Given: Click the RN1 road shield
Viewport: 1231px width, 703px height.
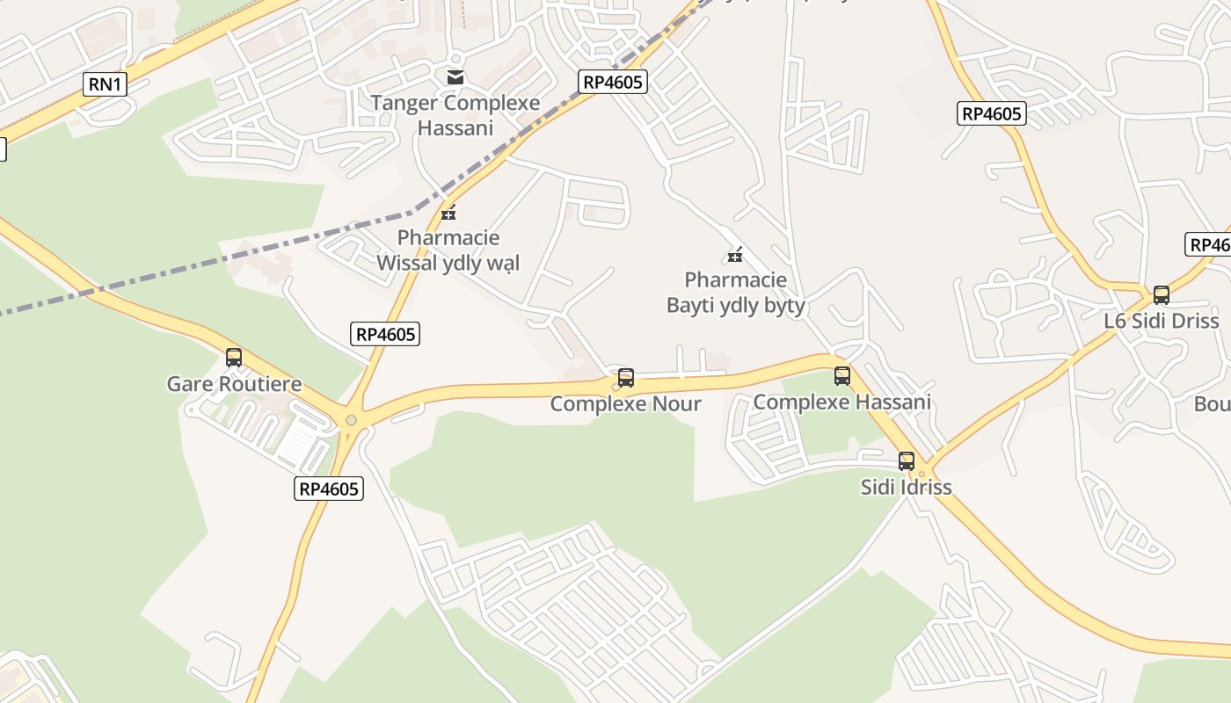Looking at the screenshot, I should point(105,84).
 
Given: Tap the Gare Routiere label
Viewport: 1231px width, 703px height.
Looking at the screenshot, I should point(234,384).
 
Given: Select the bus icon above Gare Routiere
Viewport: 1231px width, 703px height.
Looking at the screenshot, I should point(234,358).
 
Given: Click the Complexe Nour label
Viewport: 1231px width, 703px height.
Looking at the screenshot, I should point(625,403).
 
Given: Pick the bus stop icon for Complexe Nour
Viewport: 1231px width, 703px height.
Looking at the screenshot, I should point(626,378).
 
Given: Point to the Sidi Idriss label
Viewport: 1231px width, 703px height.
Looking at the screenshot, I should point(906,487).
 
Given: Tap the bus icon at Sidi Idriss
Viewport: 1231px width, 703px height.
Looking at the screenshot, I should point(907,460).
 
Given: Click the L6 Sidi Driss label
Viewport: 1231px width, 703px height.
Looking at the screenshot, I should point(1161,321).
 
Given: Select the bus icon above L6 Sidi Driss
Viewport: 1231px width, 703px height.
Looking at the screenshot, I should point(1162,294).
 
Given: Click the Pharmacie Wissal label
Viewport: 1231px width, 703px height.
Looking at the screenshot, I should point(448,250).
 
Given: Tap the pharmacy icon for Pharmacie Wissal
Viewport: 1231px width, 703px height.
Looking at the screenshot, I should point(448,213).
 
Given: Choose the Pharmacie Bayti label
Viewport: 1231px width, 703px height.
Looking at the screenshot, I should point(735,293).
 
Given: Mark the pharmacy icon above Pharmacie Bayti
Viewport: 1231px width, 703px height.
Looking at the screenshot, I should point(735,255).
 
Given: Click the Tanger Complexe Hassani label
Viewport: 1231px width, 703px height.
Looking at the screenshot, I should point(455,115).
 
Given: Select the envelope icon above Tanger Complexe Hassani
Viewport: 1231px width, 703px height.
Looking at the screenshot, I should point(455,77).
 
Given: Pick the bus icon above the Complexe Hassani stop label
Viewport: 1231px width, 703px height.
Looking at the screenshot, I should point(842,376).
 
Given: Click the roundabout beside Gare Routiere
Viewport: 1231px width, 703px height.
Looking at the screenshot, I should point(352,421).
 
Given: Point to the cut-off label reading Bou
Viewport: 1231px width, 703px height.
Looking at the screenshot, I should point(1212,404).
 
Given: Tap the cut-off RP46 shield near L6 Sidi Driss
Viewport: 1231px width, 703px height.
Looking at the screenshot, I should point(1208,245).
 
